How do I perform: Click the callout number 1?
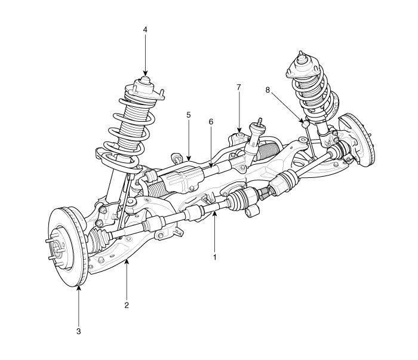(x=214, y=259)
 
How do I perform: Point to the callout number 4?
(x=145, y=29)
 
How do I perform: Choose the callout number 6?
(x=211, y=121)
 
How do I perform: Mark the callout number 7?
(x=238, y=87)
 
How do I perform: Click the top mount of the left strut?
(x=143, y=85)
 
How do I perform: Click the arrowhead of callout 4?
(x=145, y=74)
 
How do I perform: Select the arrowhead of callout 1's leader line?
(x=214, y=211)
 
